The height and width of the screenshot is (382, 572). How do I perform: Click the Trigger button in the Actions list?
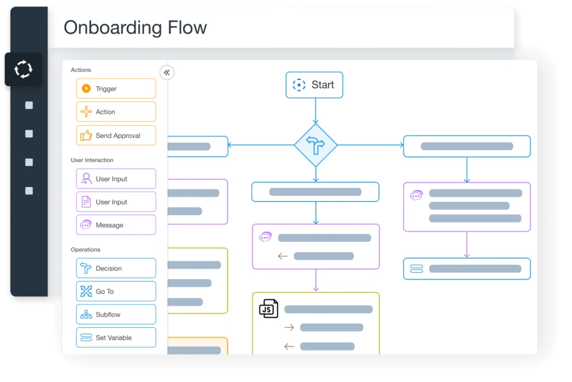[x=116, y=89]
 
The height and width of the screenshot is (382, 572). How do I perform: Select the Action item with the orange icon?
[x=116, y=112]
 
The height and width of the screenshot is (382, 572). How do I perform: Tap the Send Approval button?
[x=116, y=136]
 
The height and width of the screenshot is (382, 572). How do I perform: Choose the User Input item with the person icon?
[x=116, y=179]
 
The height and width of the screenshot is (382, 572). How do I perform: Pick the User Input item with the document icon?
[x=116, y=202]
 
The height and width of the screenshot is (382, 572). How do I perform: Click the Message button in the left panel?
[x=116, y=225]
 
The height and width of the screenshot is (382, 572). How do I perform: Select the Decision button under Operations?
[x=116, y=269]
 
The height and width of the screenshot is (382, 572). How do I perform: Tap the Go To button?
[x=116, y=292]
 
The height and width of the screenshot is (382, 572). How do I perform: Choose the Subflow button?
[x=116, y=314]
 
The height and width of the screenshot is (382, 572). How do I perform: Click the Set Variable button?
[x=116, y=338]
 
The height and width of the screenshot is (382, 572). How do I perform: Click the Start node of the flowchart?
[x=314, y=85]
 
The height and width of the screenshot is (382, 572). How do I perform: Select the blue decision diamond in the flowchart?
[x=316, y=145]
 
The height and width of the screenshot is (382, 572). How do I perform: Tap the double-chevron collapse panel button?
[x=166, y=73]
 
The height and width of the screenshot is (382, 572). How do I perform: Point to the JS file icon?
[x=269, y=308]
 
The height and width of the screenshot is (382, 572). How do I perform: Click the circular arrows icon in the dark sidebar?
[x=23, y=70]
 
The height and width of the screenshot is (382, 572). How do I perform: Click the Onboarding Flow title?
[x=135, y=28]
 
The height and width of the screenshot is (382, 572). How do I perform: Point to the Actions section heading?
[x=81, y=70]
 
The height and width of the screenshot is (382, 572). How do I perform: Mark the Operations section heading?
[x=85, y=250]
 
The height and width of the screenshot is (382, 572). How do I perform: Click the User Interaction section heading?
[x=92, y=160]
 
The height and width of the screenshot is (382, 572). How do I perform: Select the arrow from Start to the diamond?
[x=316, y=111]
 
